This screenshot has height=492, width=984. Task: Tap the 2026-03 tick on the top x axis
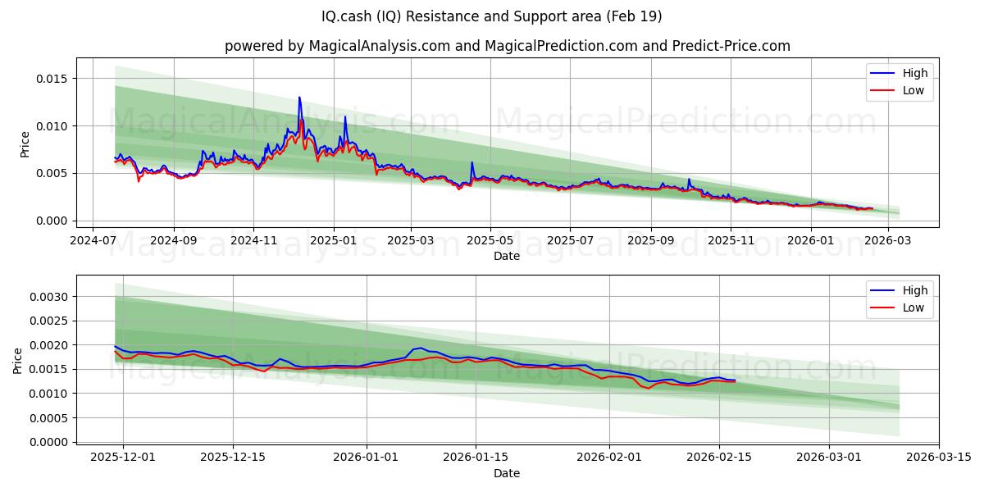click(x=888, y=241)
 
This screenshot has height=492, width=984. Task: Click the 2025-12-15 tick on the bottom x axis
click(x=233, y=458)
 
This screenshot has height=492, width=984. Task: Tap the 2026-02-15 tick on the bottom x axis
click(x=719, y=458)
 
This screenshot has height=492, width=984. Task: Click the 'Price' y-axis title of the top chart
click(x=25, y=144)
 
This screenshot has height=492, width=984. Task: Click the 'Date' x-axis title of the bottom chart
click(x=507, y=473)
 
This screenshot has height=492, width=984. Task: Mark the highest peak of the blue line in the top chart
click(x=299, y=97)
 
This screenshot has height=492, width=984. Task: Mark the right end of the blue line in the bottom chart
click(x=736, y=380)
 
